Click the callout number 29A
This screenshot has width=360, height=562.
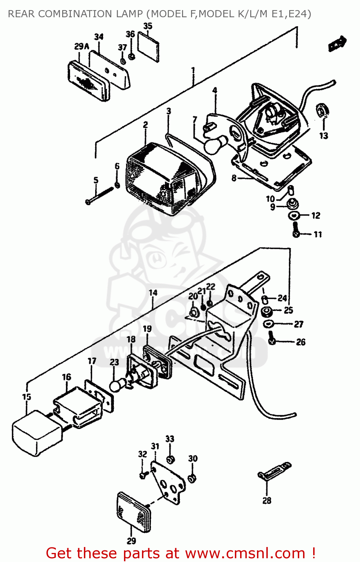pos(82,46)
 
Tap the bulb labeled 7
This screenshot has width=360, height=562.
pos(215,145)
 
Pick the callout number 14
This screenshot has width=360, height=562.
pos(153,293)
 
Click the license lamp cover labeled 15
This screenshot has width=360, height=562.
pos(36,433)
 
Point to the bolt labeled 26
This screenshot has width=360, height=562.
pos(272,340)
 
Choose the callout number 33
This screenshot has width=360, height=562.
pos(170,439)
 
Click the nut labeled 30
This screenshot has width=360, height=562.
pos(192,478)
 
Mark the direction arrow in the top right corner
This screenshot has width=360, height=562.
pos(337,43)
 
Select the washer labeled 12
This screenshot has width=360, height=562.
pos(294,215)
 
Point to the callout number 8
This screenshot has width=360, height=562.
pos(234,178)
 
